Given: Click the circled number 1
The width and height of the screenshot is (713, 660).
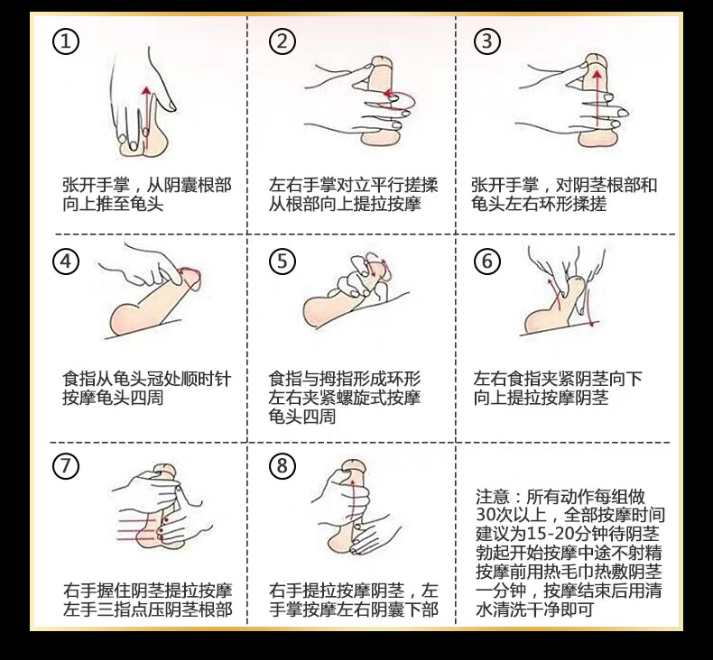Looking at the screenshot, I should (66, 41).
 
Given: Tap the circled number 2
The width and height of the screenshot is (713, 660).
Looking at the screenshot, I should (283, 41).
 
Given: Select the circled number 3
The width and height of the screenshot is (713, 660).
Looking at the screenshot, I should (487, 41).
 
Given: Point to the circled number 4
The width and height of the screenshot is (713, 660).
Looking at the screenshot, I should (66, 261).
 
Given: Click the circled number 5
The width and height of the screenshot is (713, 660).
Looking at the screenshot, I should (283, 261).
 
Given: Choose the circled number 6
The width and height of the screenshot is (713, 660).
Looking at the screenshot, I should (487, 261).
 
